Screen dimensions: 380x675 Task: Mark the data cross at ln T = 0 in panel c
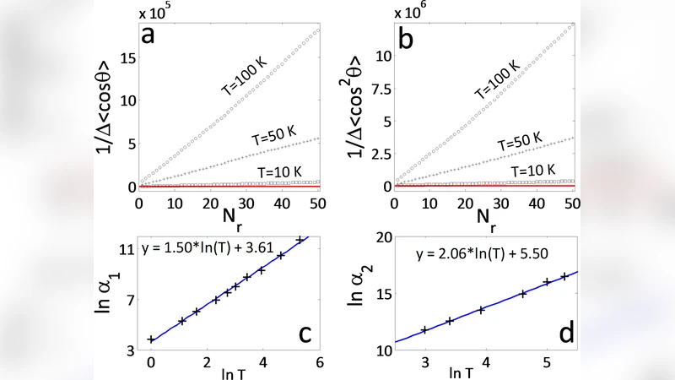click(x=151, y=339)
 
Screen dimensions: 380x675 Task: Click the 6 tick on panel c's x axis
click(x=319, y=362)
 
